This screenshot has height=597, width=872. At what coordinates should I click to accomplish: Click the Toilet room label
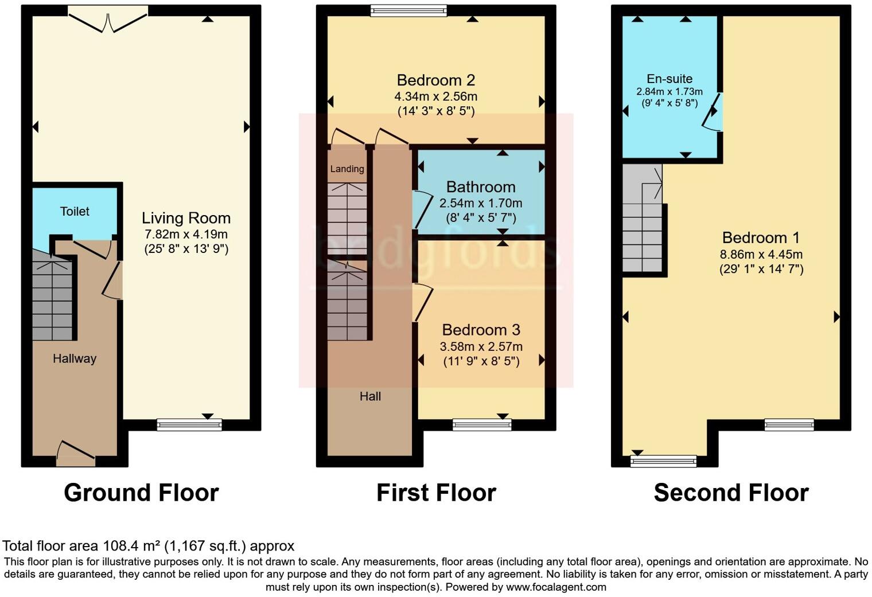click(x=75, y=212)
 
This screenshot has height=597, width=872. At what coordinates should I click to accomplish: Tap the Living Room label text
click(x=186, y=218)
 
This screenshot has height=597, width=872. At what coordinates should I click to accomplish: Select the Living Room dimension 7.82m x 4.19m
click(x=186, y=234)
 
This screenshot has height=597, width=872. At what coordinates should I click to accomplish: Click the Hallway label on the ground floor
click(x=75, y=358)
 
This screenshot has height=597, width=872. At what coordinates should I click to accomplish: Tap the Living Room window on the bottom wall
click(x=189, y=424)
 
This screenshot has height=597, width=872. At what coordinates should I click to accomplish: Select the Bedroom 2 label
click(x=436, y=80)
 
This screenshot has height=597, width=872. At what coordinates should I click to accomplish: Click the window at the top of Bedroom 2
click(x=408, y=10)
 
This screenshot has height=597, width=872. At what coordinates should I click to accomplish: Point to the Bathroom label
click(x=481, y=187)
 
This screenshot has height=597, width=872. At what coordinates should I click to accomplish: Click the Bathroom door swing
click(x=423, y=210)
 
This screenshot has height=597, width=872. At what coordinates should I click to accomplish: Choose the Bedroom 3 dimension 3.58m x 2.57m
click(x=481, y=346)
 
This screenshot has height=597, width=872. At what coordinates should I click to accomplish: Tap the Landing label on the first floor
click(x=347, y=169)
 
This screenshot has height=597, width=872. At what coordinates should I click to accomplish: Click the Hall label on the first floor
click(x=370, y=396)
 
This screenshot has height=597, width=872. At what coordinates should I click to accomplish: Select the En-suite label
click(x=669, y=79)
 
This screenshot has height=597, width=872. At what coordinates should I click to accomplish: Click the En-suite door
click(x=713, y=113)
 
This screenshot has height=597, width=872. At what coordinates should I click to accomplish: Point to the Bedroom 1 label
click(x=761, y=237)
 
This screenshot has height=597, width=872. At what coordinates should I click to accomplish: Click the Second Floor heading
click(x=731, y=493)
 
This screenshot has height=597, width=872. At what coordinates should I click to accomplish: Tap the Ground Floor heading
click(x=141, y=493)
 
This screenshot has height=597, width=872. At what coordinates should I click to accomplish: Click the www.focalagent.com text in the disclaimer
click(x=556, y=587)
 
